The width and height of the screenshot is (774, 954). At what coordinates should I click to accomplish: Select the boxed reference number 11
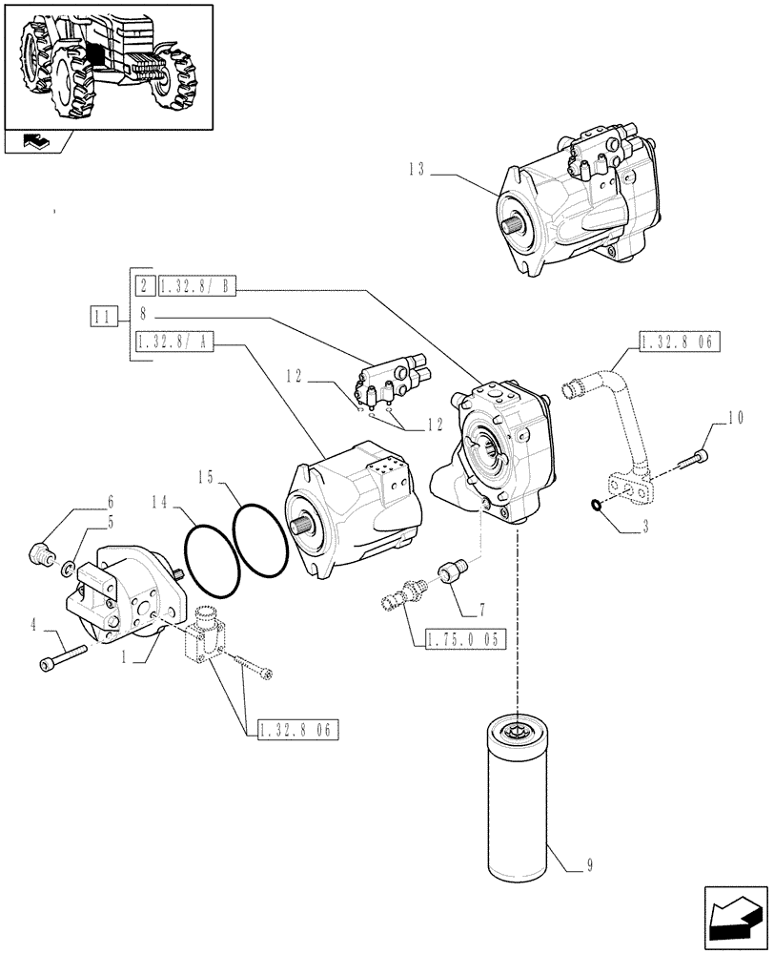coord(104,315)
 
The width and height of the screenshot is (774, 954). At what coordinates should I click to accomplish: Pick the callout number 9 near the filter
coord(592,866)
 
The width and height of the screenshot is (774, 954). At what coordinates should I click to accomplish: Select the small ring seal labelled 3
coord(596,507)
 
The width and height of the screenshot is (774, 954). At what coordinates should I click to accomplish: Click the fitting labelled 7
coord(450,574)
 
